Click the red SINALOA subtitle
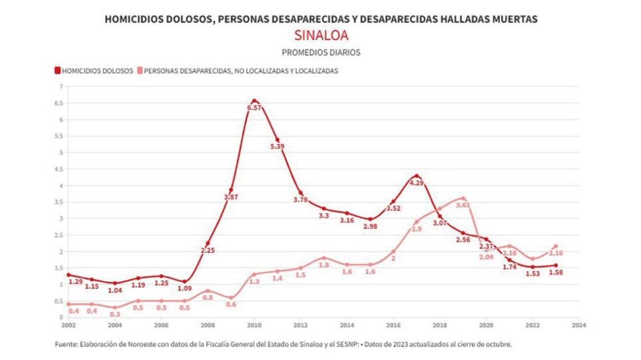click(320, 35)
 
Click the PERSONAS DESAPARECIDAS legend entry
click(241, 71)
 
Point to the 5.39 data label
click(278, 147)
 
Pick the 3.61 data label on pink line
click(463, 205)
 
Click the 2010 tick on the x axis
click(254, 324)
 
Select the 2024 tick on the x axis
click(579, 324)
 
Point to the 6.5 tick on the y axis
click(59, 103)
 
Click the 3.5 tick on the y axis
click(59, 202)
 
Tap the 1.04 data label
click(115, 290)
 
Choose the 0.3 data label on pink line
click(115, 315)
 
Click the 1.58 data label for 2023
click(555, 273)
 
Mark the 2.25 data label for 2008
click(207, 250)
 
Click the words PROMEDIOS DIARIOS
click(320, 52)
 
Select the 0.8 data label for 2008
click(208, 298)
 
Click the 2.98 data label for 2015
click(370, 226)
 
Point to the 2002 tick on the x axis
click(68, 324)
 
